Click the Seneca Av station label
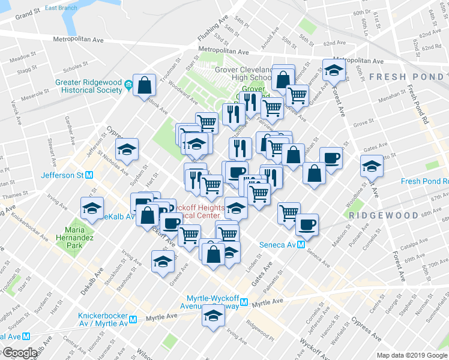(x=277, y=245)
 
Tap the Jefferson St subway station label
(x=62, y=176)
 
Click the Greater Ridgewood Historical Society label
(x=83, y=86)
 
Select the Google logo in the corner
(x=20, y=353)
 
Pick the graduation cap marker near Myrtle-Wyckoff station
(x=212, y=316)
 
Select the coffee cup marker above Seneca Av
(x=307, y=224)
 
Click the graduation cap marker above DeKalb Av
(x=92, y=208)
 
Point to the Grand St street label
(x=28, y=11)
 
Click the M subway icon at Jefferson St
(x=89, y=176)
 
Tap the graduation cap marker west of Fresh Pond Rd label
(x=372, y=166)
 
